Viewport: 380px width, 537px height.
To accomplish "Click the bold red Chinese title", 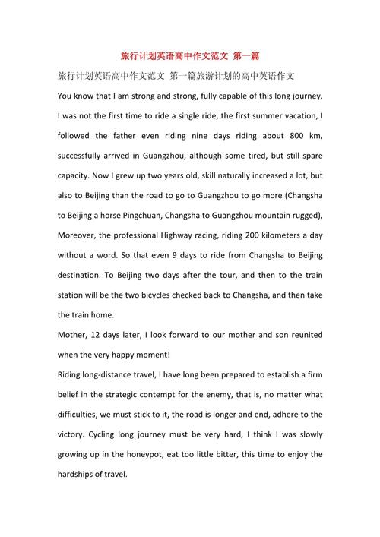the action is click(190, 57).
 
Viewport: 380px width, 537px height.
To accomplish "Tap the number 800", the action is click(276, 136).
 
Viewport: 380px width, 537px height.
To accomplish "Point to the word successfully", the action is click(89, 156).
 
